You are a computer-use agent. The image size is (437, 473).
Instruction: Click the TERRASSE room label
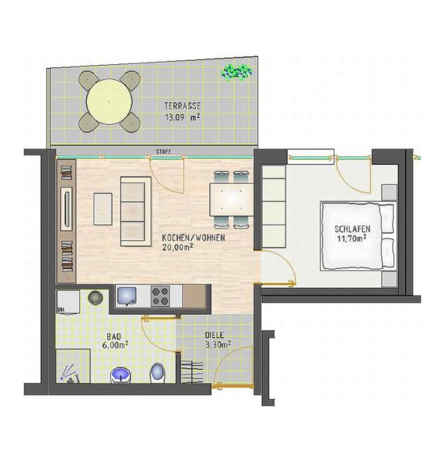[x=182, y=106]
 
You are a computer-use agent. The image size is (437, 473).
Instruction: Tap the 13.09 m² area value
[x=182, y=117]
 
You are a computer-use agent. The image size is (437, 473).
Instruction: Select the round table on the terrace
[x=109, y=102]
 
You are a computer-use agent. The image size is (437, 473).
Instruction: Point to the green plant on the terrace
[x=237, y=72]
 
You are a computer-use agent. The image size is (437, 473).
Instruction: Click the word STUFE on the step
[x=164, y=152]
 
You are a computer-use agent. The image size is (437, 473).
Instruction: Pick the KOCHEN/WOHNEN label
[x=194, y=238]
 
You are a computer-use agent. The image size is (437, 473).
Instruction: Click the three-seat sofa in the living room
[x=136, y=212]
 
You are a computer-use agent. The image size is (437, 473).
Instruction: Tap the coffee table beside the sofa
[x=103, y=209]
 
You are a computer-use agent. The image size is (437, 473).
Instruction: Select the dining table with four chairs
[x=232, y=200]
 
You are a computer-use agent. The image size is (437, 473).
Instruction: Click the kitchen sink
[x=127, y=296]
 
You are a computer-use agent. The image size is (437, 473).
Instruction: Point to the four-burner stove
[x=160, y=296]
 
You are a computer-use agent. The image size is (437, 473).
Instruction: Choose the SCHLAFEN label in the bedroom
[x=352, y=229]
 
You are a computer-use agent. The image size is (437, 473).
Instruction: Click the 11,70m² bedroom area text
[x=352, y=239]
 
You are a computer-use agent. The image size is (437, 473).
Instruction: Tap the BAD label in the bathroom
[x=114, y=336]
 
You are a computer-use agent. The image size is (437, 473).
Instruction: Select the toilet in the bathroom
[x=157, y=373]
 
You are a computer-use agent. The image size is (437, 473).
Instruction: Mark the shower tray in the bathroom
[x=73, y=366]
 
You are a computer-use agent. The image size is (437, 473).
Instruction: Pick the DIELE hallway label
[x=215, y=335]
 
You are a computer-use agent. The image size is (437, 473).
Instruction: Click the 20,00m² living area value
[x=178, y=248]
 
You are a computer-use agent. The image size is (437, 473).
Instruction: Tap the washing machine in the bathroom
[x=68, y=302]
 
